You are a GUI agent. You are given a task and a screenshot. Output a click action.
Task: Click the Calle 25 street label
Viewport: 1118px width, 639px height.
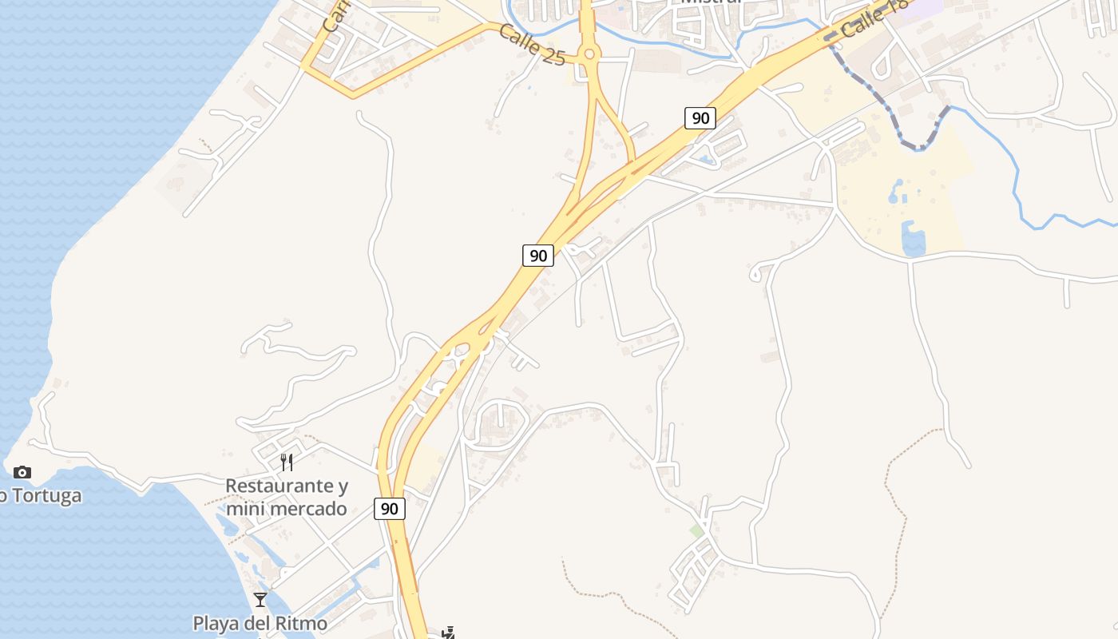pyautogui.click(x=533, y=46)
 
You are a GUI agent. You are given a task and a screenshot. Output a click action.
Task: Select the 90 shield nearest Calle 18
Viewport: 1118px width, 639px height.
pyautogui.click(x=700, y=118)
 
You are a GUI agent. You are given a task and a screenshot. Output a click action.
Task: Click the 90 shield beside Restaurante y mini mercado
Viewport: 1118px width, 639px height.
pyautogui.click(x=390, y=509)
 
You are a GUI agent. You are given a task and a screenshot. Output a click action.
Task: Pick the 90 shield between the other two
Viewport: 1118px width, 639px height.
pyautogui.click(x=538, y=256)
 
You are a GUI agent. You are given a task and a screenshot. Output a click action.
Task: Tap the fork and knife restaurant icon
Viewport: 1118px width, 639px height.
pyautogui.click(x=287, y=462)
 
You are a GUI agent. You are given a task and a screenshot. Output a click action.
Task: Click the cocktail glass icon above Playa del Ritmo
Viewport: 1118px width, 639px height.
pyautogui.click(x=260, y=599)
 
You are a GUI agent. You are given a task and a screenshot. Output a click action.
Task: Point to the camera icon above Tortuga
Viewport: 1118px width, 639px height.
pyautogui.click(x=22, y=473)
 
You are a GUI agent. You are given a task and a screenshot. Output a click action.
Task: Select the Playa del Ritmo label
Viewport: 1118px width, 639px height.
pyautogui.click(x=260, y=622)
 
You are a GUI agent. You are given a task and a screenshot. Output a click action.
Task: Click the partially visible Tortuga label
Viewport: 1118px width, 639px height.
pyautogui.click(x=42, y=496)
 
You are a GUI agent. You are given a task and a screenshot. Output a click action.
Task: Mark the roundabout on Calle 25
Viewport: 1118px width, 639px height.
pyautogui.click(x=590, y=54)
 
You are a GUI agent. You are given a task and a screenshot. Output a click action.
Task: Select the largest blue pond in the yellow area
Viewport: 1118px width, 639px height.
pyautogui.click(x=913, y=239)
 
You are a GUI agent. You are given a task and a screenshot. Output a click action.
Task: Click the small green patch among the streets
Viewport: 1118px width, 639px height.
pyautogui.click(x=697, y=530)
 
